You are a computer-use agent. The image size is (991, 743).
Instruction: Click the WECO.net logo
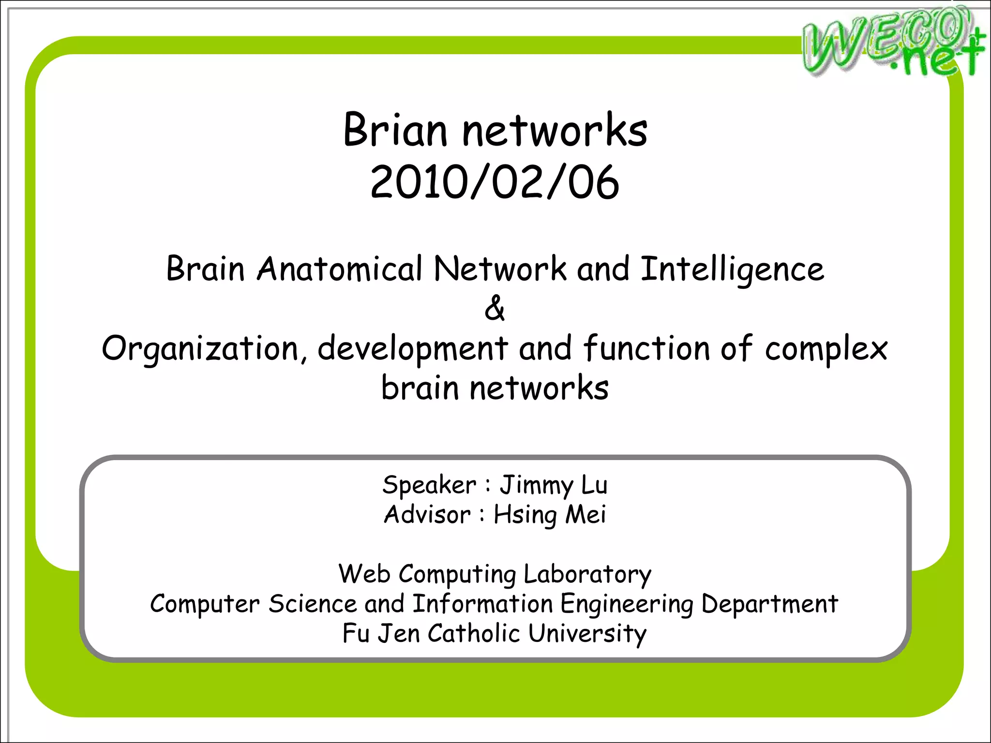tap(893, 43)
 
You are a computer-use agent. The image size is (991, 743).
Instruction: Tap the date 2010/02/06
tap(495, 182)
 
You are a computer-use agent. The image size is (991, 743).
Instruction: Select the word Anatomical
tap(340, 268)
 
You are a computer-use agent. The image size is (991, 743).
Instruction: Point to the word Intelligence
tap(732, 269)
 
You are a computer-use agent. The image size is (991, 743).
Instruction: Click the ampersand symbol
tap(495, 308)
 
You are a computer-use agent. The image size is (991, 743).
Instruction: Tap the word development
tap(413, 349)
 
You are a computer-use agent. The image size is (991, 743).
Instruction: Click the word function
tap(646, 348)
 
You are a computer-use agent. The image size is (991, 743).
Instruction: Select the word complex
tap(826, 349)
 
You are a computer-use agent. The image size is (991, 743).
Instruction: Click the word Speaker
tap(429, 485)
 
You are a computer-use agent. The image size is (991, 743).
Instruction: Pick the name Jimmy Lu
tap(554, 485)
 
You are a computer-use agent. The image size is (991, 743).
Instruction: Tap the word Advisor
tap(427, 515)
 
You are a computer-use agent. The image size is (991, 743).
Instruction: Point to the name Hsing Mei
tap(550, 515)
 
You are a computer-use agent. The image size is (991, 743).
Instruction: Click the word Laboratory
tap(587, 575)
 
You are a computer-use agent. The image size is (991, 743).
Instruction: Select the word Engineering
tap(627, 605)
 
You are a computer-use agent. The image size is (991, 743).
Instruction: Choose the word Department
tap(769, 605)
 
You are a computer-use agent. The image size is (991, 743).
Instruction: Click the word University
tap(587, 634)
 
